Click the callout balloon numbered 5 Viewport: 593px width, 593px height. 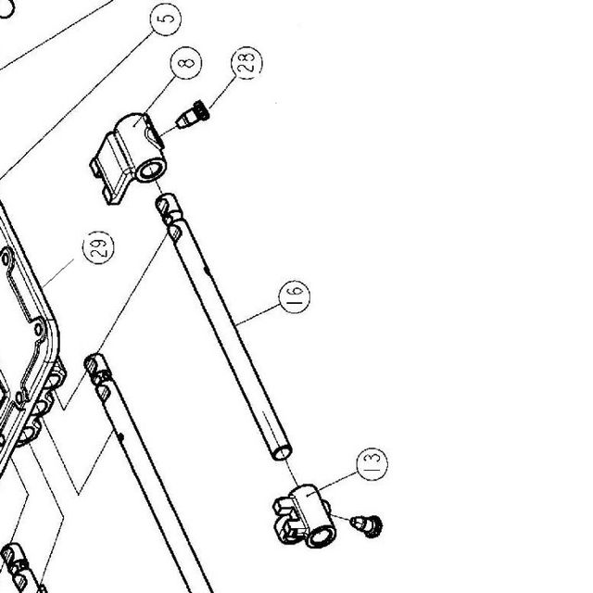click(166, 19)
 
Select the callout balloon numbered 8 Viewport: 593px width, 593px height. click(186, 63)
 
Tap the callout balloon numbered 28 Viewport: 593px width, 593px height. click(246, 63)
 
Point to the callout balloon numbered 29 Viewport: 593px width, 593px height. click(98, 247)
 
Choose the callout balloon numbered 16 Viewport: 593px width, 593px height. click(295, 296)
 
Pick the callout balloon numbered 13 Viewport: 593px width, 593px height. click(372, 464)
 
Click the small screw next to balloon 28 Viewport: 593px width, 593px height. click(193, 115)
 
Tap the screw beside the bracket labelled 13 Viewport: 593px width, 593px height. click(366, 525)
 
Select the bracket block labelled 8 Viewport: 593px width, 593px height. click(128, 158)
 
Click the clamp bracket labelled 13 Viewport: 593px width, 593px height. click(305, 516)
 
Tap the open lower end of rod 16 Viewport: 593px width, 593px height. click(282, 453)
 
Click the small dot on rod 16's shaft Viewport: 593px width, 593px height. click(207, 270)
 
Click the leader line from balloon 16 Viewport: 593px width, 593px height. click(258, 315)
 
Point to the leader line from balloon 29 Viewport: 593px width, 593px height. click(57, 273)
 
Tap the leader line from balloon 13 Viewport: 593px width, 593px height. click(333, 484)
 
